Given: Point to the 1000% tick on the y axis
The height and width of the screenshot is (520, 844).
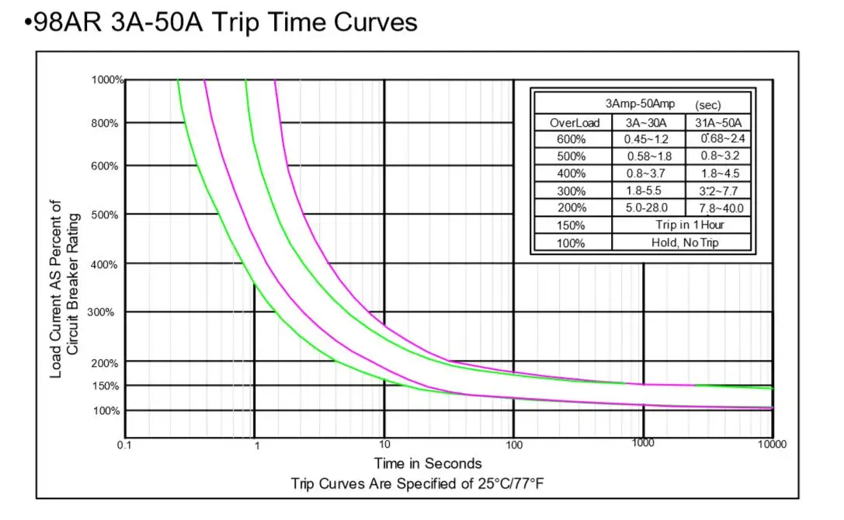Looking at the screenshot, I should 107,80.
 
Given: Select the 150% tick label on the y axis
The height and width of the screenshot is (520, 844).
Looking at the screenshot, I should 106,386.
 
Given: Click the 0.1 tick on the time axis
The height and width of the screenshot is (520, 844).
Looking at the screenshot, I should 124,445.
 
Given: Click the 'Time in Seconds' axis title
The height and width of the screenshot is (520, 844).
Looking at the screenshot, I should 428,463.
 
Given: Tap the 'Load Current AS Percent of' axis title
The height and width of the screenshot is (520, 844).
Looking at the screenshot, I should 56,289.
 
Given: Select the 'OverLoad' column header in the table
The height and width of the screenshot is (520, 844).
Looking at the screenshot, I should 575,123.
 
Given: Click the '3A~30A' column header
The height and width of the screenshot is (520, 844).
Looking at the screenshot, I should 648,123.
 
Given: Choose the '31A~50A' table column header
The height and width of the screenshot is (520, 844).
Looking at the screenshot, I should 718,123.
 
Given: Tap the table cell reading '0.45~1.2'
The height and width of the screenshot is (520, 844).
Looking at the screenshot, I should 647,139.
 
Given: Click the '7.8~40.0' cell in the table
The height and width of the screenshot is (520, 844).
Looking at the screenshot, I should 720,208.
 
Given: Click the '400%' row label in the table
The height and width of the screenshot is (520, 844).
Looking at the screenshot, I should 571,173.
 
